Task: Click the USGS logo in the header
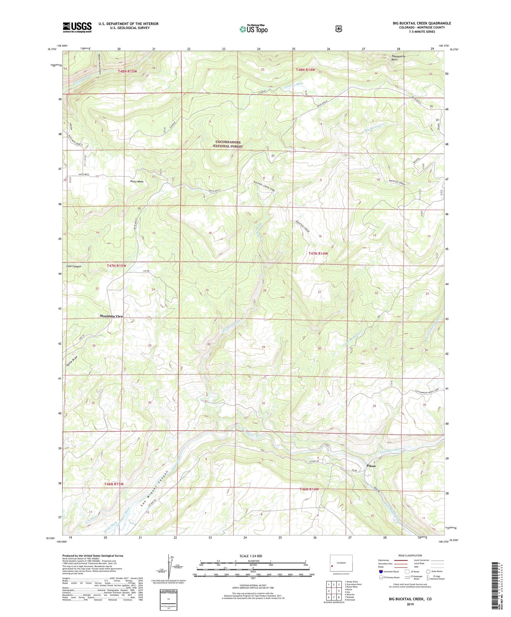click(77, 27)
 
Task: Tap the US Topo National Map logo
click(253, 29)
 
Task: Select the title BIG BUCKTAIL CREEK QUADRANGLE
click(422, 23)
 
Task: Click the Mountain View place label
click(111, 316)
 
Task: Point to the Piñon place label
click(371, 466)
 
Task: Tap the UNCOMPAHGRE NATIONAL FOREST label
click(228, 144)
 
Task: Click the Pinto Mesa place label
click(137, 182)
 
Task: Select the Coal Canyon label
click(74, 266)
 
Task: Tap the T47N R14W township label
click(318, 254)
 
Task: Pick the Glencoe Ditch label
click(293, 85)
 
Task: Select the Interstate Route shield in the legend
click(381, 572)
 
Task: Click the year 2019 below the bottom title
click(410, 604)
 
